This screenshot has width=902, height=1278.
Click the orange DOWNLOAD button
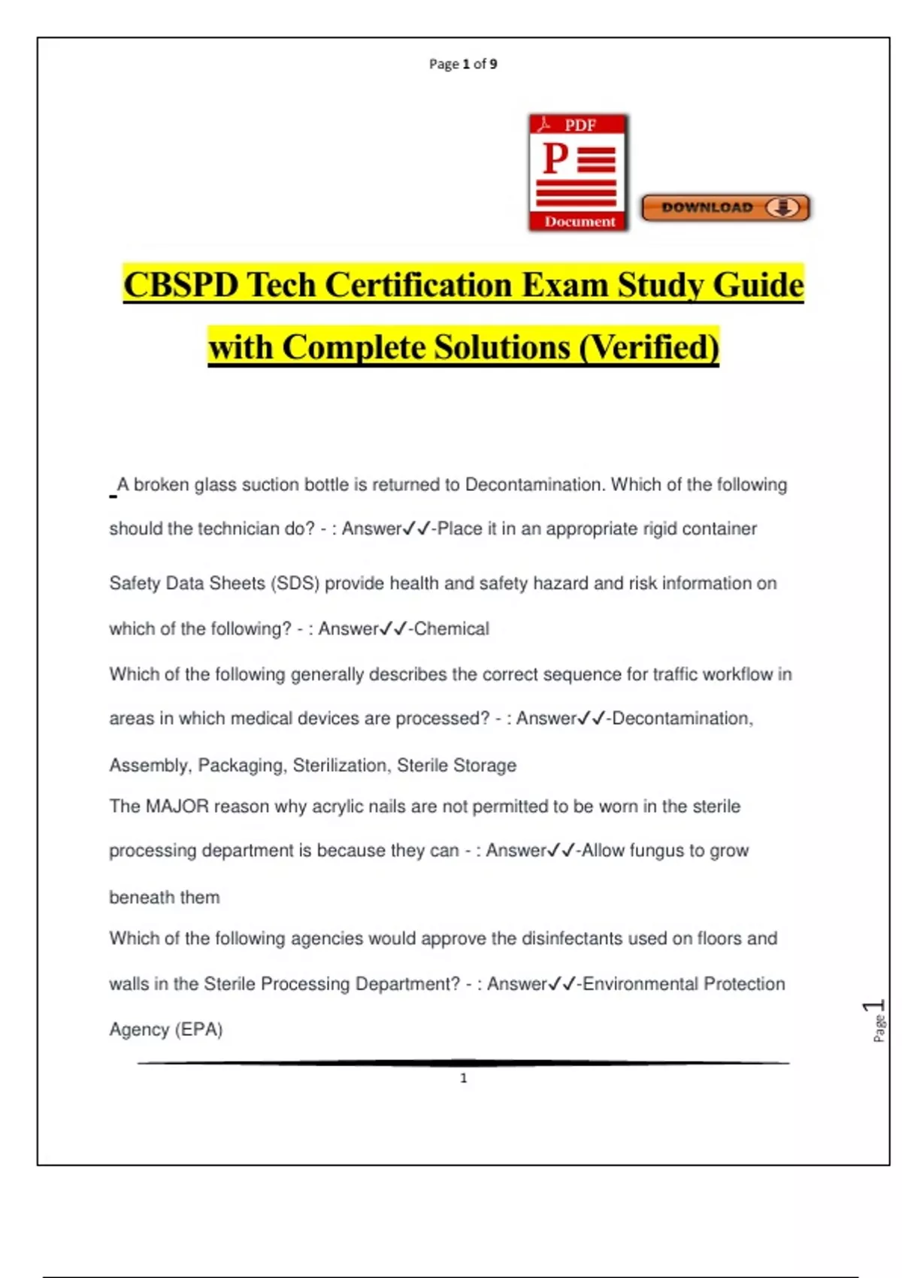pyautogui.click(x=725, y=207)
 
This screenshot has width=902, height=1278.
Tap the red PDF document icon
pyautogui.click(x=578, y=173)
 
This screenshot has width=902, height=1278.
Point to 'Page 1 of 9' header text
pyautogui.click(x=463, y=64)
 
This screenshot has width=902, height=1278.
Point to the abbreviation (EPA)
pyautogui.click(x=199, y=1029)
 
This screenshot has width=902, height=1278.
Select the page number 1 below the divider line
pyautogui.click(x=463, y=1078)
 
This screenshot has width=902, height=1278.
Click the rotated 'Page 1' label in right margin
pyautogui.click(x=876, y=1020)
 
